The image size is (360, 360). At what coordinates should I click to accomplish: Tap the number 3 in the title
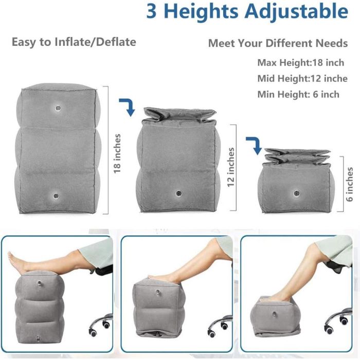(151, 11)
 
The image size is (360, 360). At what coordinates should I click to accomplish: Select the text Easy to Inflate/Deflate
(74, 42)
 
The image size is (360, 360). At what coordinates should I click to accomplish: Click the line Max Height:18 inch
(301, 62)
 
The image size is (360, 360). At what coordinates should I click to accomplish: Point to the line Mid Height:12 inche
(302, 79)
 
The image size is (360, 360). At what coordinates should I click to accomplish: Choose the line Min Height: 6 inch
(298, 94)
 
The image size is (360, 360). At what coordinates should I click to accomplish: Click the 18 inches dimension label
(117, 154)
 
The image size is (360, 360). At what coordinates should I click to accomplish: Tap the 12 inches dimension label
(231, 167)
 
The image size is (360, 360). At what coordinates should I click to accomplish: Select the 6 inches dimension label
(349, 184)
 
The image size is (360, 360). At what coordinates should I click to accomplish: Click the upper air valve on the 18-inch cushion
(58, 107)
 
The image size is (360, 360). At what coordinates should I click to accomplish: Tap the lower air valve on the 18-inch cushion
(56, 196)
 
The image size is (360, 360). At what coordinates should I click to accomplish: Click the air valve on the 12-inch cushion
(178, 193)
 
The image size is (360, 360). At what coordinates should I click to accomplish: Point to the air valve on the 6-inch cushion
(297, 193)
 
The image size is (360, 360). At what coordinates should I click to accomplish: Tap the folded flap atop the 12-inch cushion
(179, 114)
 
